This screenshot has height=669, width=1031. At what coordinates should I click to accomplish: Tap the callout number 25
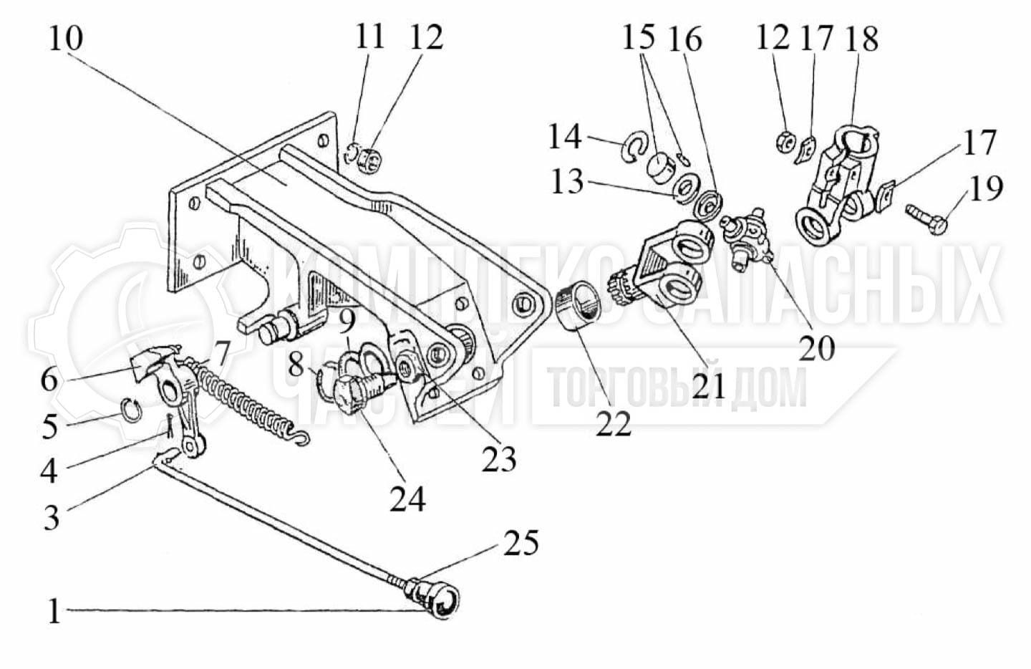coord(521,544)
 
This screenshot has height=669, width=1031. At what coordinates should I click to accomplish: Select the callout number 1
coord(54,612)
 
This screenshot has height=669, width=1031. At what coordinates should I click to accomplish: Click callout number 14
coord(565,136)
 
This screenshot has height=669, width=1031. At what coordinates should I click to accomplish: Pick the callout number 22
coord(614,424)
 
